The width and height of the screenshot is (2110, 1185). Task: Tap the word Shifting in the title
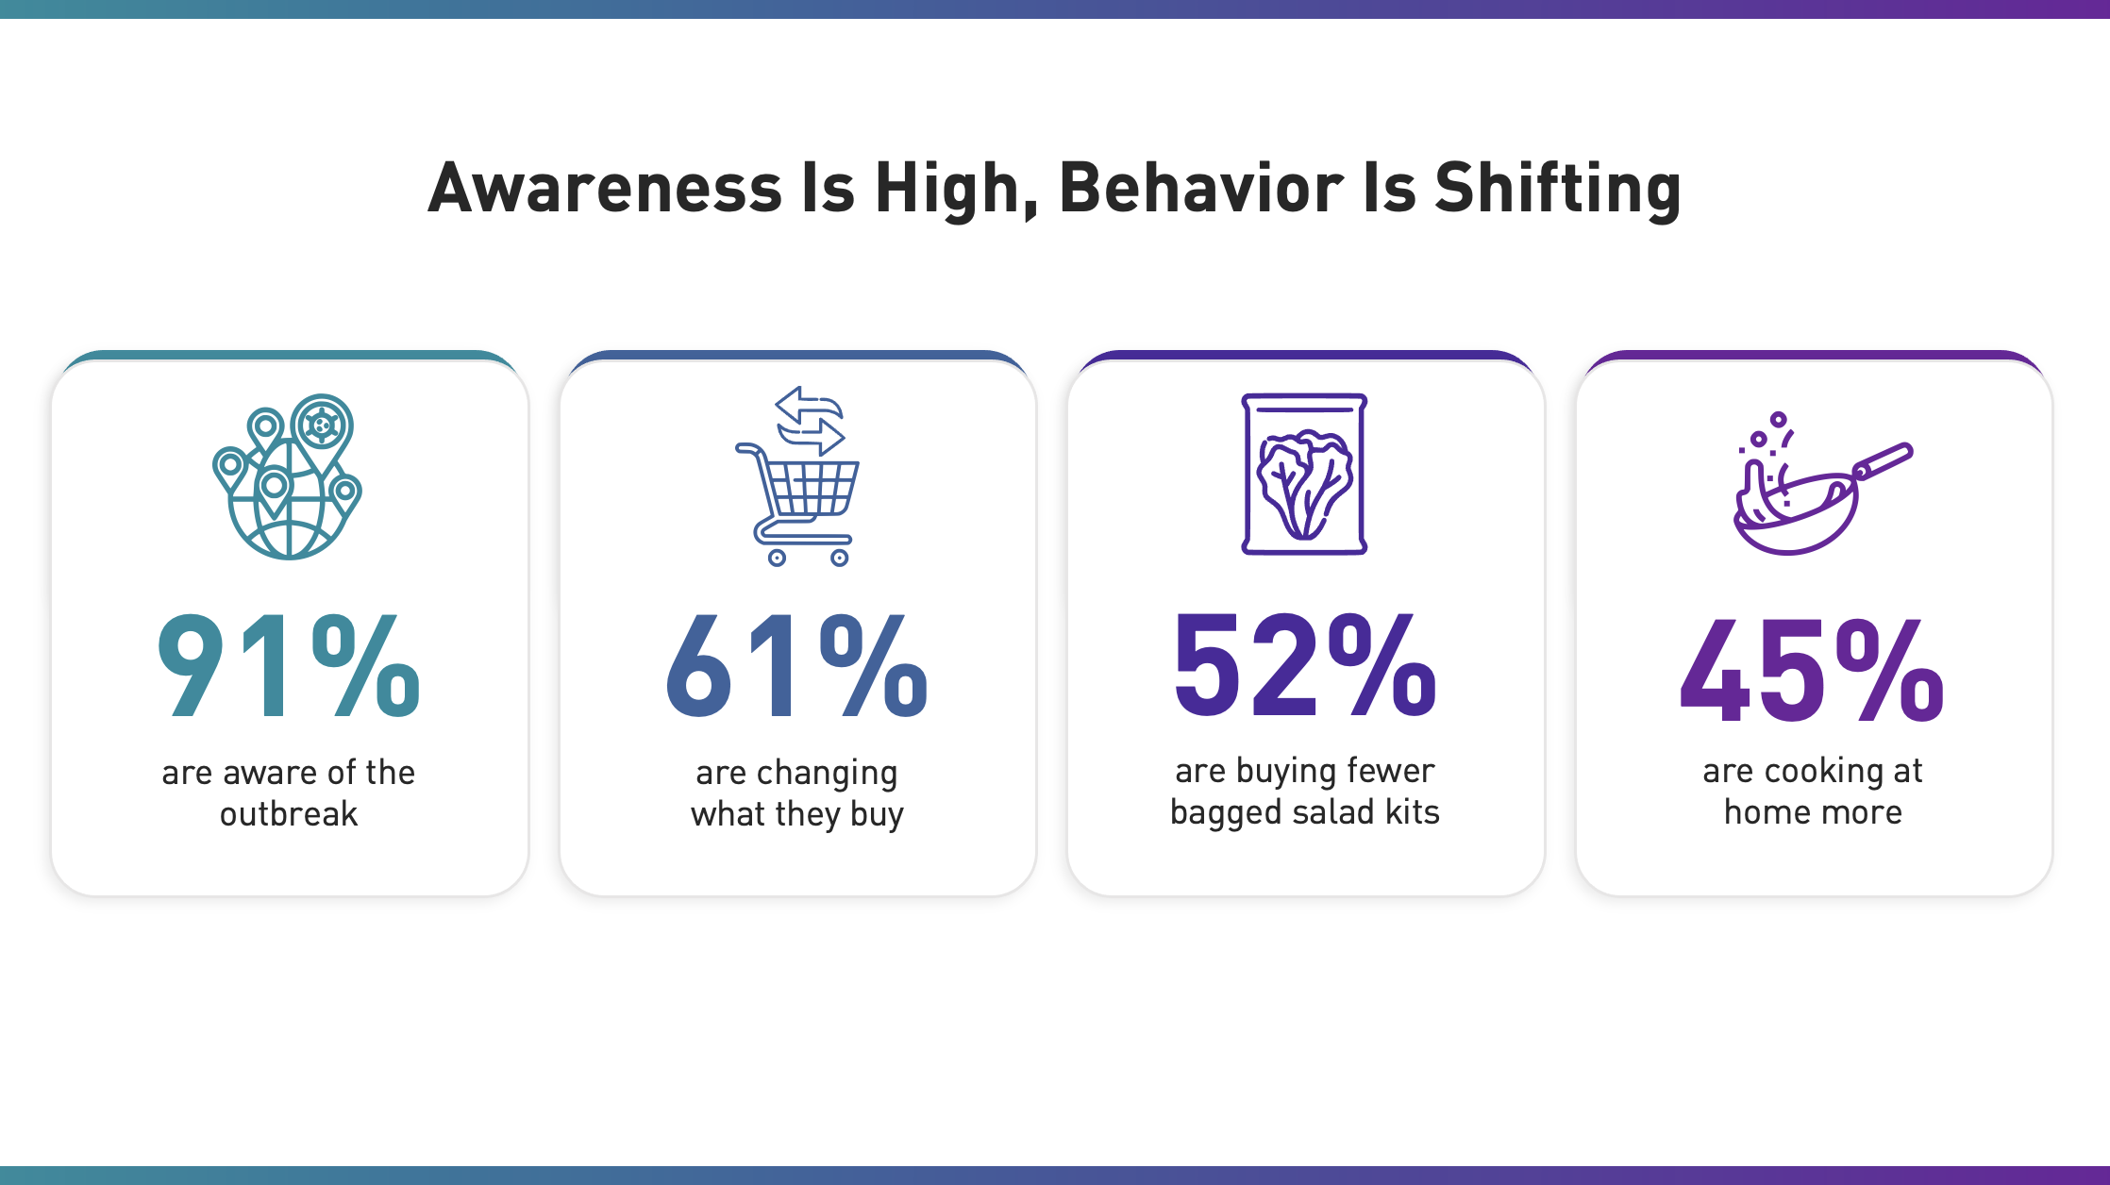[1558, 189]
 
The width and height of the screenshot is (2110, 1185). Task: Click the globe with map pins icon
[287, 476]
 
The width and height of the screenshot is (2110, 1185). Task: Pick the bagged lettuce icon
[1304, 474]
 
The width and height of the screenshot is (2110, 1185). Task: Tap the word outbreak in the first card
[289, 813]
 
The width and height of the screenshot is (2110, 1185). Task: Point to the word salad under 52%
[1332, 811]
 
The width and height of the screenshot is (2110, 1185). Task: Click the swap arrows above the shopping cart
[810, 421]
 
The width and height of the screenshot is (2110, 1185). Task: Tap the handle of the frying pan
[1883, 460]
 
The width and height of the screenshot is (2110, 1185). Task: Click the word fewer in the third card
[1391, 770]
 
